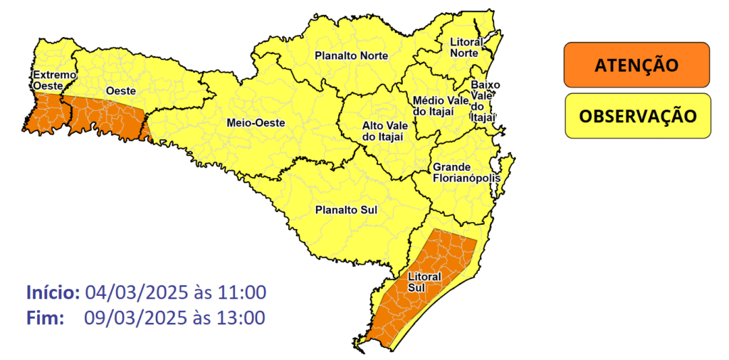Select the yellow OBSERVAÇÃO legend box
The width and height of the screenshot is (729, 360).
(637, 115)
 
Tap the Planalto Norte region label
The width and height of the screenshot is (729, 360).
(352, 55)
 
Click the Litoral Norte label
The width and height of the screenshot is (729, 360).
(467, 48)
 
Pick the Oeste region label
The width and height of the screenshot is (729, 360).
(121, 91)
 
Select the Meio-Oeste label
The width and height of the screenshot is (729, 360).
(255, 123)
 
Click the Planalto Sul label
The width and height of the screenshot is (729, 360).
(346, 210)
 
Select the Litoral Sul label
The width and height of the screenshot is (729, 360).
(425, 281)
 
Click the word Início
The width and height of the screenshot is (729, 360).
(53, 292)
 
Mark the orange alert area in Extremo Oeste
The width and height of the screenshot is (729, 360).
(43, 115)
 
